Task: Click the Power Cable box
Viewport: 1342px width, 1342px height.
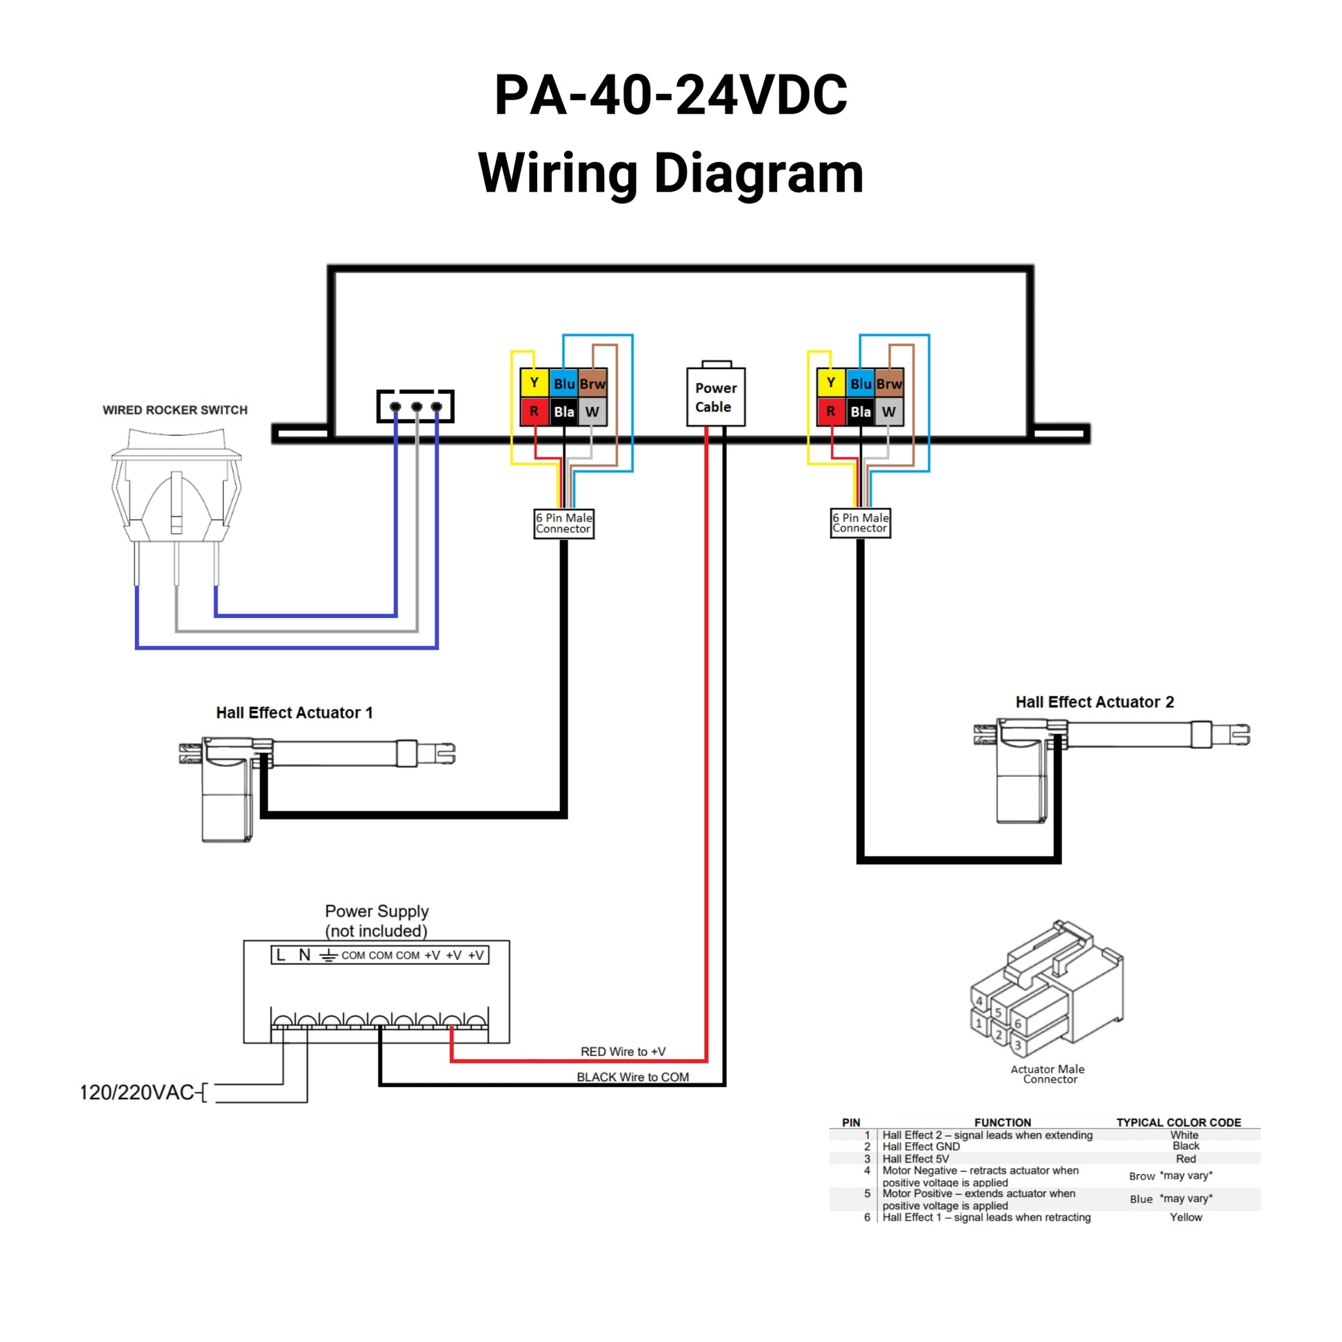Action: pos(715,397)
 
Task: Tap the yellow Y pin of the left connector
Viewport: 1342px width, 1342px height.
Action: pos(534,383)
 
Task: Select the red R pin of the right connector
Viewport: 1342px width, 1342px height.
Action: pos(830,411)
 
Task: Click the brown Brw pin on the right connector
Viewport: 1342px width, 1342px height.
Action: pos(889,383)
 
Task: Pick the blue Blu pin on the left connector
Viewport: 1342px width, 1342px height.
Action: pos(563,383)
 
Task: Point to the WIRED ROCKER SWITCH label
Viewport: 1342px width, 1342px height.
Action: pos(175,410)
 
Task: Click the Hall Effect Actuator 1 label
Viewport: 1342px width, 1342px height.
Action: pos(294,712)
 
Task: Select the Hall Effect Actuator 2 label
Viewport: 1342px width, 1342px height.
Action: pos(1094,702)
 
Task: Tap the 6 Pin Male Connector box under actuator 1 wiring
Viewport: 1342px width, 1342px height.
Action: pos(563,523)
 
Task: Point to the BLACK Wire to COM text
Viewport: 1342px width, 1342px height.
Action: pos(633,1077)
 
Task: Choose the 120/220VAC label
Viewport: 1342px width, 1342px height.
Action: pos(137,1092)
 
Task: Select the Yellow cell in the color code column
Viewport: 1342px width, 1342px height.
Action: pos(1185,1217)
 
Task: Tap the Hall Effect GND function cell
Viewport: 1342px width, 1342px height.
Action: pos(921,1146)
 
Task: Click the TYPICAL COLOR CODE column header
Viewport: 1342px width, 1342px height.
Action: pos(1179,1123)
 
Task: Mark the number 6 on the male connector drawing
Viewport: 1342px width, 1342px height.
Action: pos(1019,1024)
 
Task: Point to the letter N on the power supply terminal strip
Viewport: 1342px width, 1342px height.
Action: pos(304,955)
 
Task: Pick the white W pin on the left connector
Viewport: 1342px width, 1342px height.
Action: pos(592,412)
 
